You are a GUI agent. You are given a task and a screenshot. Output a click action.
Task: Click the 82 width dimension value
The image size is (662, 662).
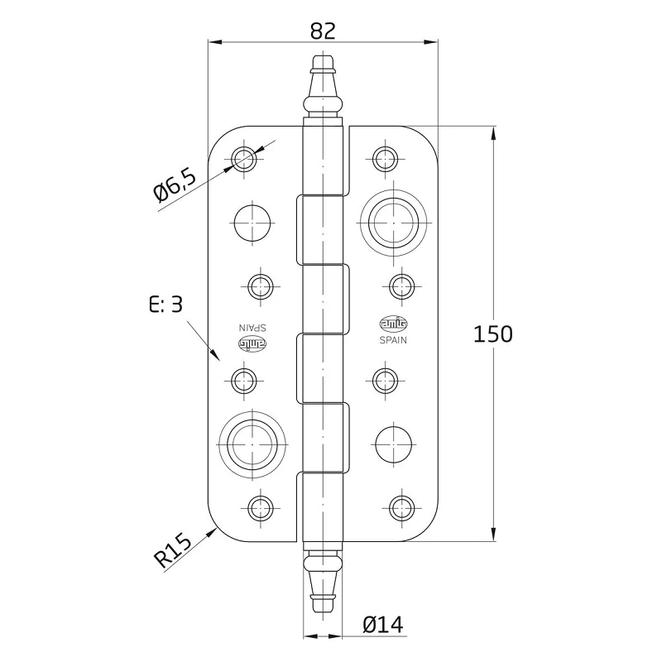pyautogui.click(x=323, y=31)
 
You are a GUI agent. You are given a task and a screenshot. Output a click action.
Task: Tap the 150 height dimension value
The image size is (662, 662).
pyautogui.click(x=492, y=333)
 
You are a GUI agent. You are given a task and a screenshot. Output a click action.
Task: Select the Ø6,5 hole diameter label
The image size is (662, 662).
pyautogui.click(x=175, y=186)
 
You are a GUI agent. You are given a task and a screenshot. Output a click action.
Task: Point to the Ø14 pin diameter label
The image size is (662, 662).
pyautogui.click(x=382, y=625)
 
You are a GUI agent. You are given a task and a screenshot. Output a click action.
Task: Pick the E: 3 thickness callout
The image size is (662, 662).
pyautogui.click(x=166, y=304)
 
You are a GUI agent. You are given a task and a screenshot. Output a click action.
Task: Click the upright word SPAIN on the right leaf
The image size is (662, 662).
pyautogui.click(x=393, y=340)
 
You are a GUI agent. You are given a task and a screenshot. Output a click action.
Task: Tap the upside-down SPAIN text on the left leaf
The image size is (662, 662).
pyautogui.click(x=252, y=328)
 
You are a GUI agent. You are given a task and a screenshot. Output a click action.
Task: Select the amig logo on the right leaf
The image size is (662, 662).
pyautogui.click(x=394, y=324)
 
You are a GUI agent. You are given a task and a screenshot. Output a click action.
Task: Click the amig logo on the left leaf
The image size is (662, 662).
pyautogui.click(x=253, y=343)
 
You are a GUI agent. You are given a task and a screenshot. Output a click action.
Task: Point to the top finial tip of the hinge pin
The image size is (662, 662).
pyautogui.click(x=323, y=55)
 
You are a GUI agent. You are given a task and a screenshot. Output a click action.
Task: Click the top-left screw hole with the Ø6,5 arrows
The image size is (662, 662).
pyautogui.click(x=243, y=159)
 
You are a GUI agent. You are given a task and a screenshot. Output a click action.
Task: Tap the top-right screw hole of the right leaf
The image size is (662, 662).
pyautogui.click(x=385, y=159)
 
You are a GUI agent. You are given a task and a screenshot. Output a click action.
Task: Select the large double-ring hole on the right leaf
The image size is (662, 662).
pyautogui.click(x=394, y=222)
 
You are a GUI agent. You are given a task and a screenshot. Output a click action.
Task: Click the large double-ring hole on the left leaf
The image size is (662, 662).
pyautogui.click(x=252, y=444)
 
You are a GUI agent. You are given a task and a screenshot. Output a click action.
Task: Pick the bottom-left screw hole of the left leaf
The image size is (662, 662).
pyautogui.click(x=261, y=508)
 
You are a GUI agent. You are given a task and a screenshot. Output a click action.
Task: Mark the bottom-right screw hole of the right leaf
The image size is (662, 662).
pyautogui.click(x=401, y=508)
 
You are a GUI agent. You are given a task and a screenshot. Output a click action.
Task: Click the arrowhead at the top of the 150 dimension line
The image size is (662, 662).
pyautogui.click(x=493, y=134)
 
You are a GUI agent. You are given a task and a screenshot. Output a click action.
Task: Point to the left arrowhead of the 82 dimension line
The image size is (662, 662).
pyautogui.click(x=216, y=42)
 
